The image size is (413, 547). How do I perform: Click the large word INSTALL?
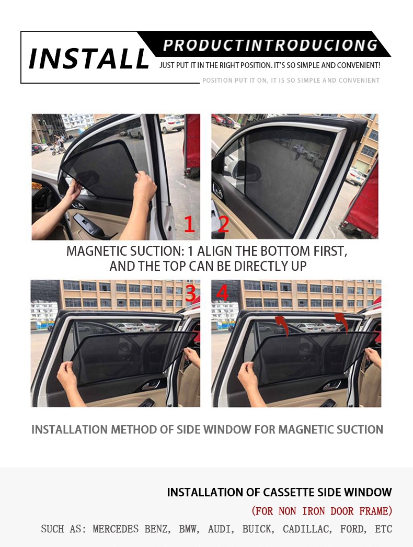[89, 58]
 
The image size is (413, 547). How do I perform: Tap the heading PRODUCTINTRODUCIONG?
[270, 45]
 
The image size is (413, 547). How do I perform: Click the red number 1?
[189, 224]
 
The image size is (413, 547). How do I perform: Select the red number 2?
[223, 224]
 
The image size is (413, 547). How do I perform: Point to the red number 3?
[191, 293]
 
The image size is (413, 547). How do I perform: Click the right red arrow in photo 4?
[341, 321]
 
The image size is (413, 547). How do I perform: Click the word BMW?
[189, 529]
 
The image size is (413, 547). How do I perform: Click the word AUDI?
[220, 529]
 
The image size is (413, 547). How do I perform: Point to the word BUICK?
[257, 529]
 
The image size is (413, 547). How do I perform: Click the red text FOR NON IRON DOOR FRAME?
[322, 511]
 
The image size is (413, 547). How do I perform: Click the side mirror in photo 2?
[243, 169]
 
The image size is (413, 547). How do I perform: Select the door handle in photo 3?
[150, 385]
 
